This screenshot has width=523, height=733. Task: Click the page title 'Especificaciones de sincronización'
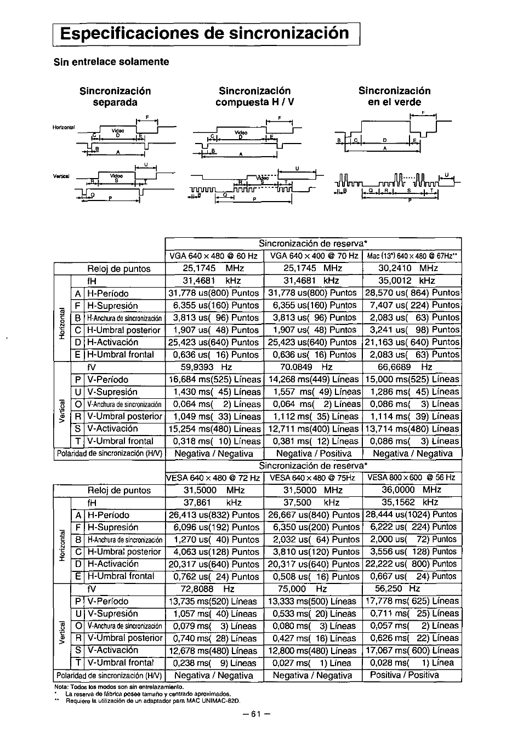point(205,33)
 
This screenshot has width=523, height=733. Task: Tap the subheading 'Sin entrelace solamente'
point(111,61)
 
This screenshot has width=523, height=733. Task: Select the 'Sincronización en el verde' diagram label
point(394,96)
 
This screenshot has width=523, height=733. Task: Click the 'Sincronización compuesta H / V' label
point(254,96)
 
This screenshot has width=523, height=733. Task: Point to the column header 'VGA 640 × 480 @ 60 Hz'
point(214,256)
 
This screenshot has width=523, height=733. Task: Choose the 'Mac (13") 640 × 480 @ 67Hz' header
point(412,256)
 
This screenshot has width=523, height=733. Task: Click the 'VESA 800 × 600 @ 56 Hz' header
point(411,478)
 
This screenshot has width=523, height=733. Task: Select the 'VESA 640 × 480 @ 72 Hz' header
point(214,478)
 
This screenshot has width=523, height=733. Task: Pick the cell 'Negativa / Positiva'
point(312,454)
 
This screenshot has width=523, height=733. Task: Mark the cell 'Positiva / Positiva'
point(405,675)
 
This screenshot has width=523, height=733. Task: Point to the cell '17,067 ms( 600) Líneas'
point(412,650)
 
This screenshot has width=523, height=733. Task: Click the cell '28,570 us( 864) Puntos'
point(412,293)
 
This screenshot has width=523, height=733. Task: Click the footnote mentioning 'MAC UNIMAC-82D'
point(155,698)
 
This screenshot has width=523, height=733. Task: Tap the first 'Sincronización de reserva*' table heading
point(312,243)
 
